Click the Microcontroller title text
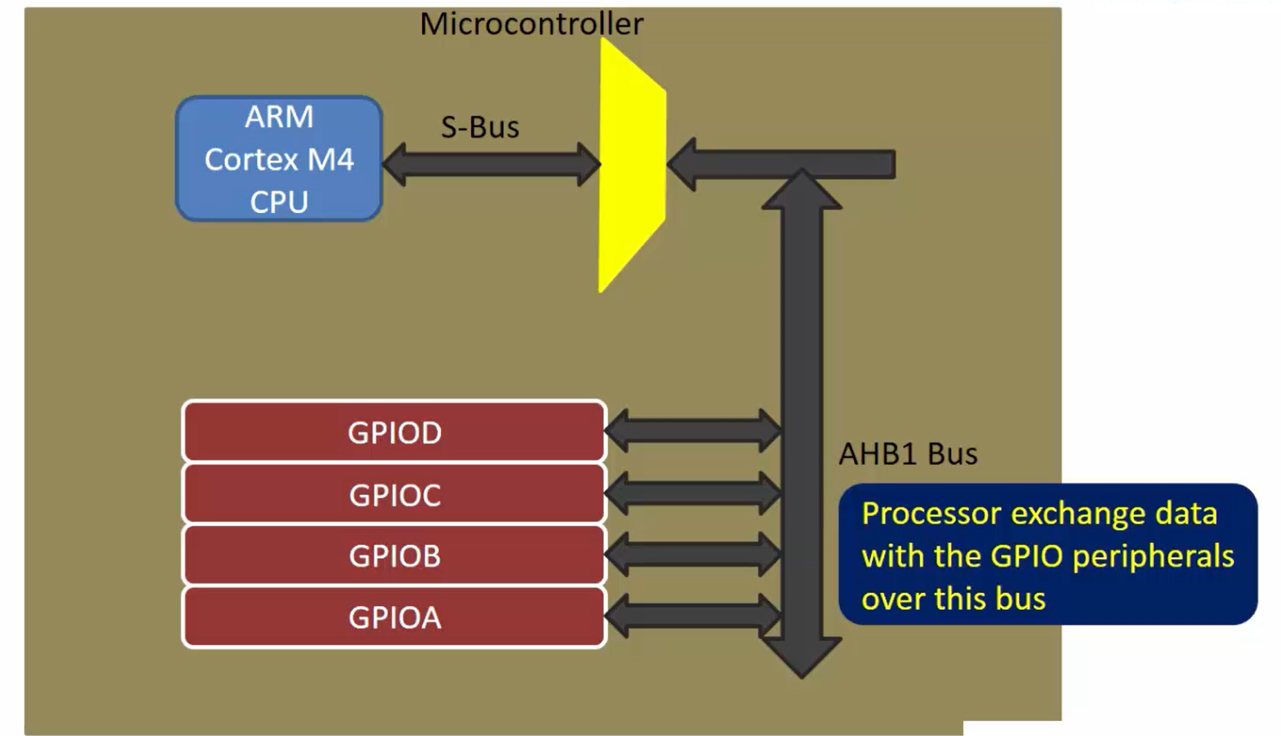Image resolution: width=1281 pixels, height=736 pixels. click(531, 24)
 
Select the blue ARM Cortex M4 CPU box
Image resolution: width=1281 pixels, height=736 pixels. click(279, 158)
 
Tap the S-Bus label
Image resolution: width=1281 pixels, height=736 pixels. click(480, 127)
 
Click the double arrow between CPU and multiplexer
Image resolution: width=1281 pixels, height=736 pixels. click(492, 164)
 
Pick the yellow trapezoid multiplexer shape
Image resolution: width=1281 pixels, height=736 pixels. click(631, 165)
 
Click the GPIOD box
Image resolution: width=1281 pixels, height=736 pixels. click(394, 431)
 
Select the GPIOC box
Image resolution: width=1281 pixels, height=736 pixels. click(394, 494)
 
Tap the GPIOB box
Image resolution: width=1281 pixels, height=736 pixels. click(394, 556)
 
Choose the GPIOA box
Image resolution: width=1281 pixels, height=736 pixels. click(394, 617)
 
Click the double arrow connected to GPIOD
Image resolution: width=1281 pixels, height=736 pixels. click(694, 430)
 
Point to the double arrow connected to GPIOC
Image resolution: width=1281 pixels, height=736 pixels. click(694, 493)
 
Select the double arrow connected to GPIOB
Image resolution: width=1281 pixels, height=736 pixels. click(694, 554)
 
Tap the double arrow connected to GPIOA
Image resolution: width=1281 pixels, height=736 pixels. click(694, 616)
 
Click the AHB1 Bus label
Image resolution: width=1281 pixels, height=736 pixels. click(907, 454)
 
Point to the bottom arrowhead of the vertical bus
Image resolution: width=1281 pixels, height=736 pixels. click(801, 657)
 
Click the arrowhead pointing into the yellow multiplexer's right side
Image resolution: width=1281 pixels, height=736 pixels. click(682, 164)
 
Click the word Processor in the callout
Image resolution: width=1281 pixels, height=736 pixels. click(931, 513)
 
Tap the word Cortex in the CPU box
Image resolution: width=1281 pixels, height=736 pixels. click(250, 160)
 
